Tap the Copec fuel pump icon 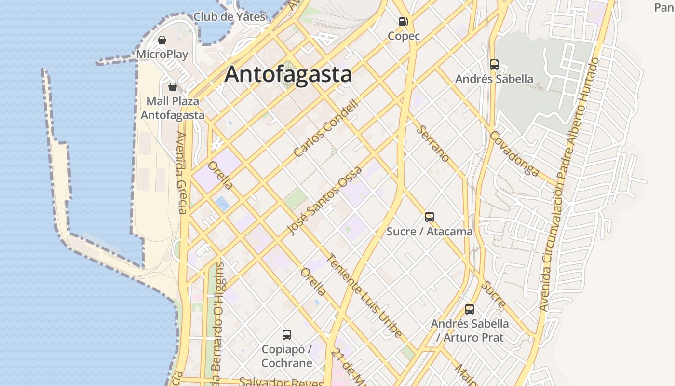404,21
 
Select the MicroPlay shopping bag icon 162,40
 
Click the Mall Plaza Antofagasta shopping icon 173,87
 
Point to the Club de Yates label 229,17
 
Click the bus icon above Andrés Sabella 494,64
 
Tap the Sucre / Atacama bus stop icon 430,217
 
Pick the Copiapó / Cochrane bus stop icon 287,334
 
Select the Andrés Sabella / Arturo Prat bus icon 470,309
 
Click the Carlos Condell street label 326,128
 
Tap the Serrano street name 433,143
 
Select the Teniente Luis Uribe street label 364,295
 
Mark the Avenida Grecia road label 181,172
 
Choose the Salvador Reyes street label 281,382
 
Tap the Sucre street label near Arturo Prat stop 494,294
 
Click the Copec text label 404,36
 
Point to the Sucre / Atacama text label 430,232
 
